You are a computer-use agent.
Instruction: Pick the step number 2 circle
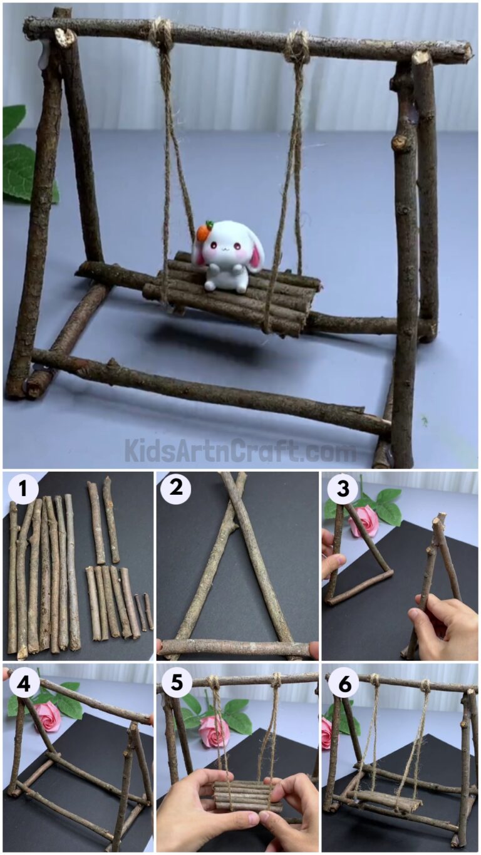[175, 487]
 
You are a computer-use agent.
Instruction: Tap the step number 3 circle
[343, 489]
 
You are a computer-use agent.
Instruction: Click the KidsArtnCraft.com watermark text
[240, 451]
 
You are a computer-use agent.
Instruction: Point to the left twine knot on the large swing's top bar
[162, 34]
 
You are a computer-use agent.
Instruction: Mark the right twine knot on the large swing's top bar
[297, 46]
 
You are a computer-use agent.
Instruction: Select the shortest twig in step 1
[148, 611]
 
